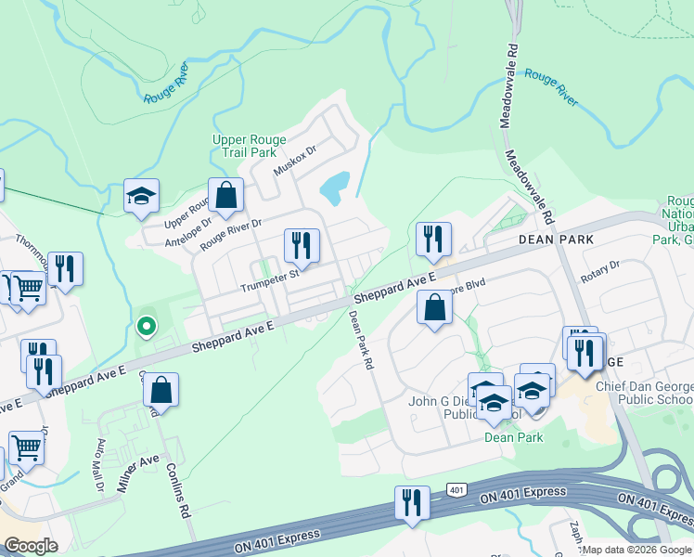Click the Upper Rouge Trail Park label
(x=244, y=146)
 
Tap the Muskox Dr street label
(x=295, y=161)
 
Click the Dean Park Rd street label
(x=360, y=339)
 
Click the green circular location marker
(x=145, y=326)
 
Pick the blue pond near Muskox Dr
(x=334, y=188)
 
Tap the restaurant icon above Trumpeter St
(x=302, y=246)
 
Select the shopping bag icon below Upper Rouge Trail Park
(x=225, y=195)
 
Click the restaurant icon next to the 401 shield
(x=412, y=503)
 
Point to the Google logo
(x=31, y=546)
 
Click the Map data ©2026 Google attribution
(x=636, y=550)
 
